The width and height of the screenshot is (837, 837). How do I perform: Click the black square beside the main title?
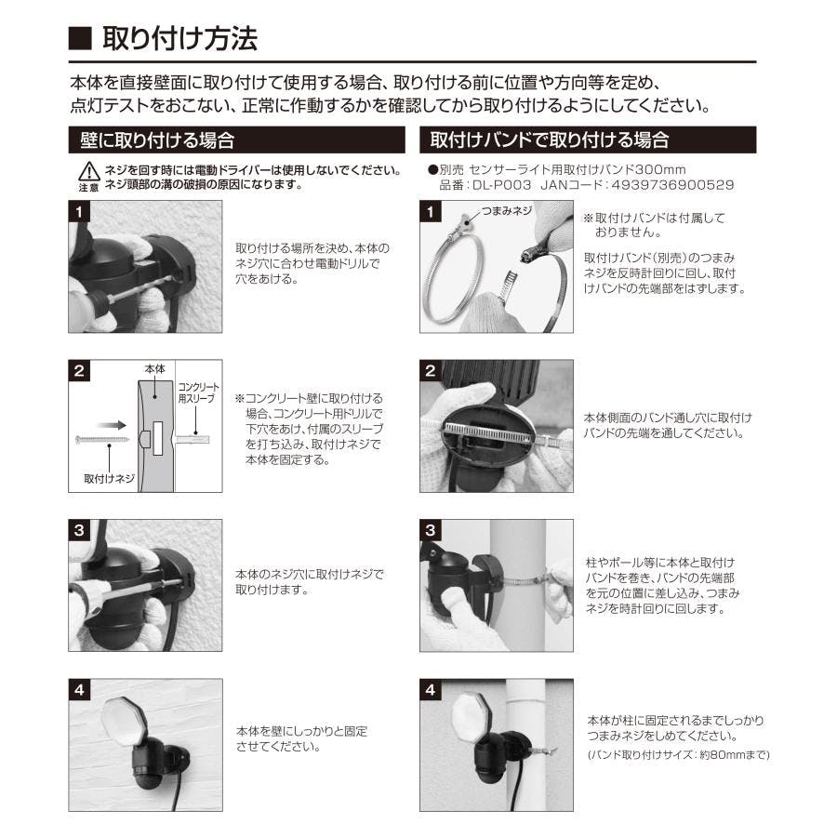click(80, 38)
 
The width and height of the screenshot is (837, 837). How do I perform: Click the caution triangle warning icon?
click(88, 171)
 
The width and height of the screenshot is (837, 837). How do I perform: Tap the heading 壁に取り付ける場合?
click(157, 140)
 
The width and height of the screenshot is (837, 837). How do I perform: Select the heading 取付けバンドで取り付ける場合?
click(550, 139)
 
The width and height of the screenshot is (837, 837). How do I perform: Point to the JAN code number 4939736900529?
click(672, 185)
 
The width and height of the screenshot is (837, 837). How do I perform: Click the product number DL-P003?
click(502, 185)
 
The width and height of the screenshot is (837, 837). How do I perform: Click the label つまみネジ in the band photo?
click(507, 211)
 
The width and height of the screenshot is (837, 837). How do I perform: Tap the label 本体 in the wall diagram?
click(154, 369)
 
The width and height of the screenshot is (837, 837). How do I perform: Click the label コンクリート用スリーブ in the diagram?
click(198, 392)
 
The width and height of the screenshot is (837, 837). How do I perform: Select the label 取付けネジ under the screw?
click(110, 479)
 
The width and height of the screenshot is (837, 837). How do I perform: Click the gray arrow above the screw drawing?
click(112, 425)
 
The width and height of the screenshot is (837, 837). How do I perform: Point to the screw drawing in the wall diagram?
click(102, 440)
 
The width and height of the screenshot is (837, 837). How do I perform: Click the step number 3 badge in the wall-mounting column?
click(79, 530)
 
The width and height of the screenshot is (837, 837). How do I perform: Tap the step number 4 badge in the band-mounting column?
click(431, 690)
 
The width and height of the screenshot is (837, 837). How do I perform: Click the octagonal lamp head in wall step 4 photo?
click(122, 720)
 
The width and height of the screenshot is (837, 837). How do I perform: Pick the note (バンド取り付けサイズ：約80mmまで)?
click(678, 755)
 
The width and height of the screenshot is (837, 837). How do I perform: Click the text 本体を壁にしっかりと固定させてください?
click(301, 738)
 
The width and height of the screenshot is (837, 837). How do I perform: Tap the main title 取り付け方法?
click(179, 38)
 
